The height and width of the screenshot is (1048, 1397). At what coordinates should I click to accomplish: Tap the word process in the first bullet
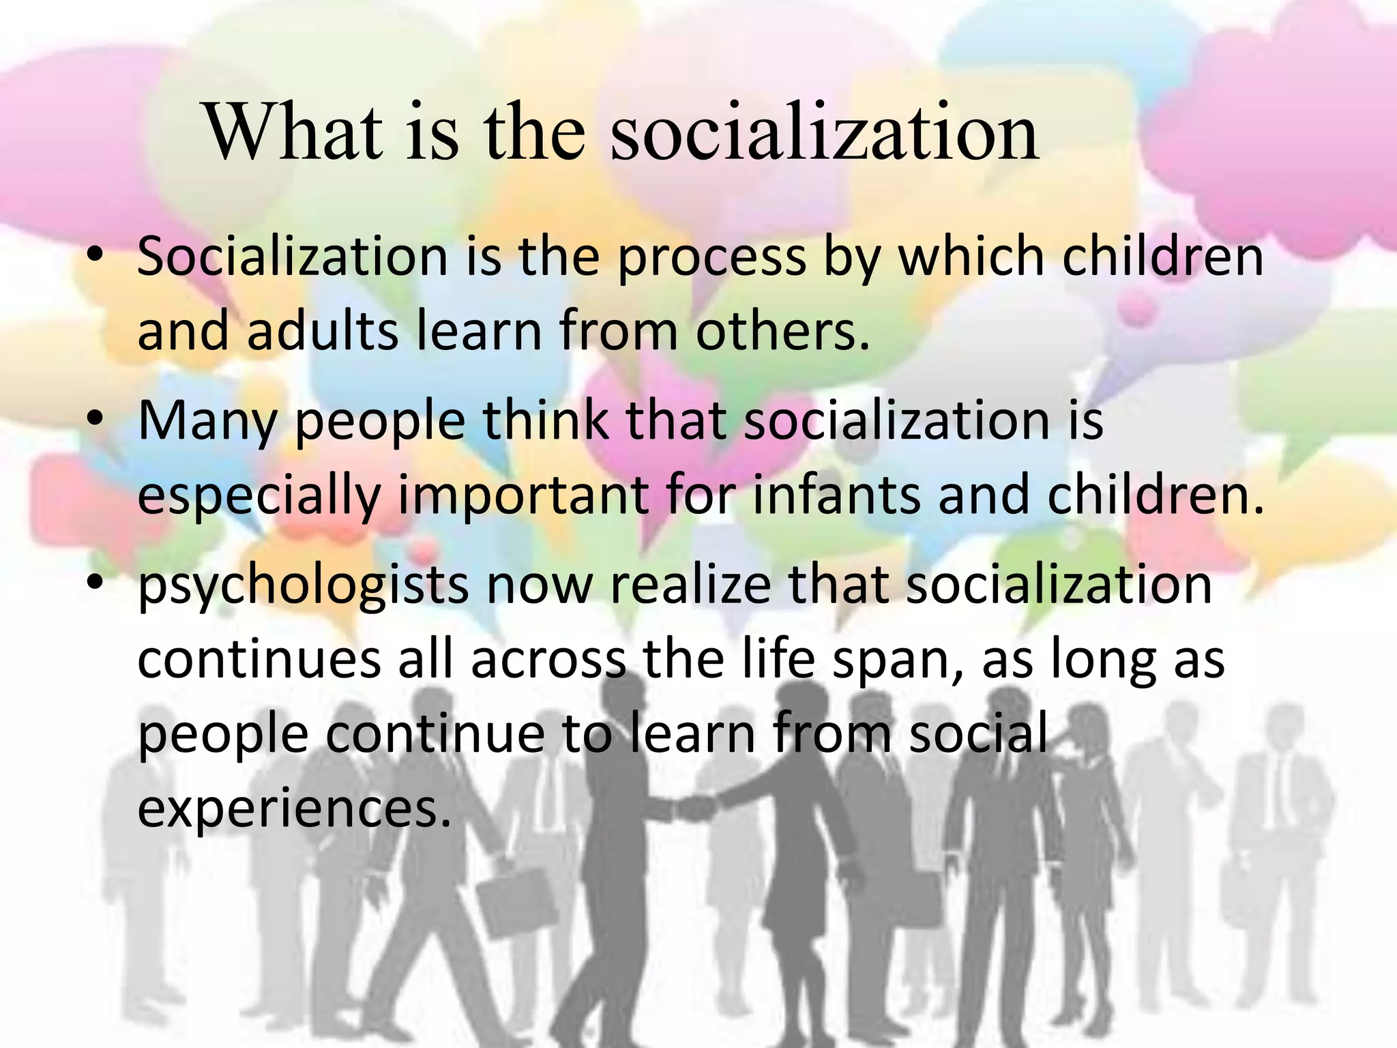tap(711, 257)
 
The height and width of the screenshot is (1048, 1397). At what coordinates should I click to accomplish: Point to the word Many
tap(207, 421)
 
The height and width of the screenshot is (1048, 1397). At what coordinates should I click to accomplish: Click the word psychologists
tap(303, 586)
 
